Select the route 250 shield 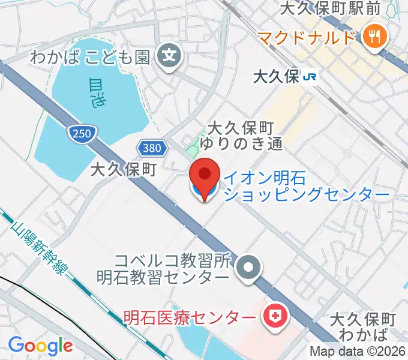pyautogui.click(x=82, y=133)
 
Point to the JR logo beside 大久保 pyautogui.click(x=310, y=76)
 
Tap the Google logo pyautogui.click(x=40, y=346)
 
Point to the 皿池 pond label pyautogui.click(x=96, y=93)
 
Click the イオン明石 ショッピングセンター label pyautogui.click(x=306, y=185)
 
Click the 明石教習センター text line pyautogui.click(x=163, y=278)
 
